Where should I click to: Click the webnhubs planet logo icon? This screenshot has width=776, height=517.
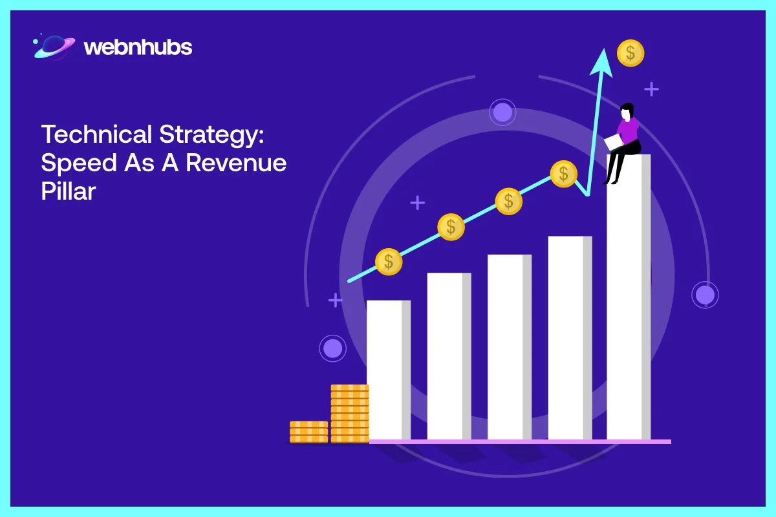click(x=54, y=47)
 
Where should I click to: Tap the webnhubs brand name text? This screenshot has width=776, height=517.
click(x=138, y=47)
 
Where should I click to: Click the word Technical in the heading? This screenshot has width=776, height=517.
click(x=94, y=135)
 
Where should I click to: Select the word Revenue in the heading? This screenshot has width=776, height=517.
click(x=236, y=163)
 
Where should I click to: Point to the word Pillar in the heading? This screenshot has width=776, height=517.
click(x=69, y=191)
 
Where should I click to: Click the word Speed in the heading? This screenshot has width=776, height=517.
click(x=78, y=163)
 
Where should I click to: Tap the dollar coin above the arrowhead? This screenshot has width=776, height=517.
click(x=630, y=53)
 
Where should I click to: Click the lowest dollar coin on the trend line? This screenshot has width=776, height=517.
click(x=389, y=262)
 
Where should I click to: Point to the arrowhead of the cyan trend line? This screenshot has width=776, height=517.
click(x=605, y=54)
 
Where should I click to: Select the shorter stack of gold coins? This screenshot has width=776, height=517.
click(x=308, y=432)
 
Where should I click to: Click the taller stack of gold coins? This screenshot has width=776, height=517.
click(x=349, y=414)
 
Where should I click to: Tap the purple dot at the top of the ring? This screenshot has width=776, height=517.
click(x=502, y=112)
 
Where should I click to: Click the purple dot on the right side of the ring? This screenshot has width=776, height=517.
click(x=705, y=295)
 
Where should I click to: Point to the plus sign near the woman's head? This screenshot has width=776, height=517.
click(x=651, y=89)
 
